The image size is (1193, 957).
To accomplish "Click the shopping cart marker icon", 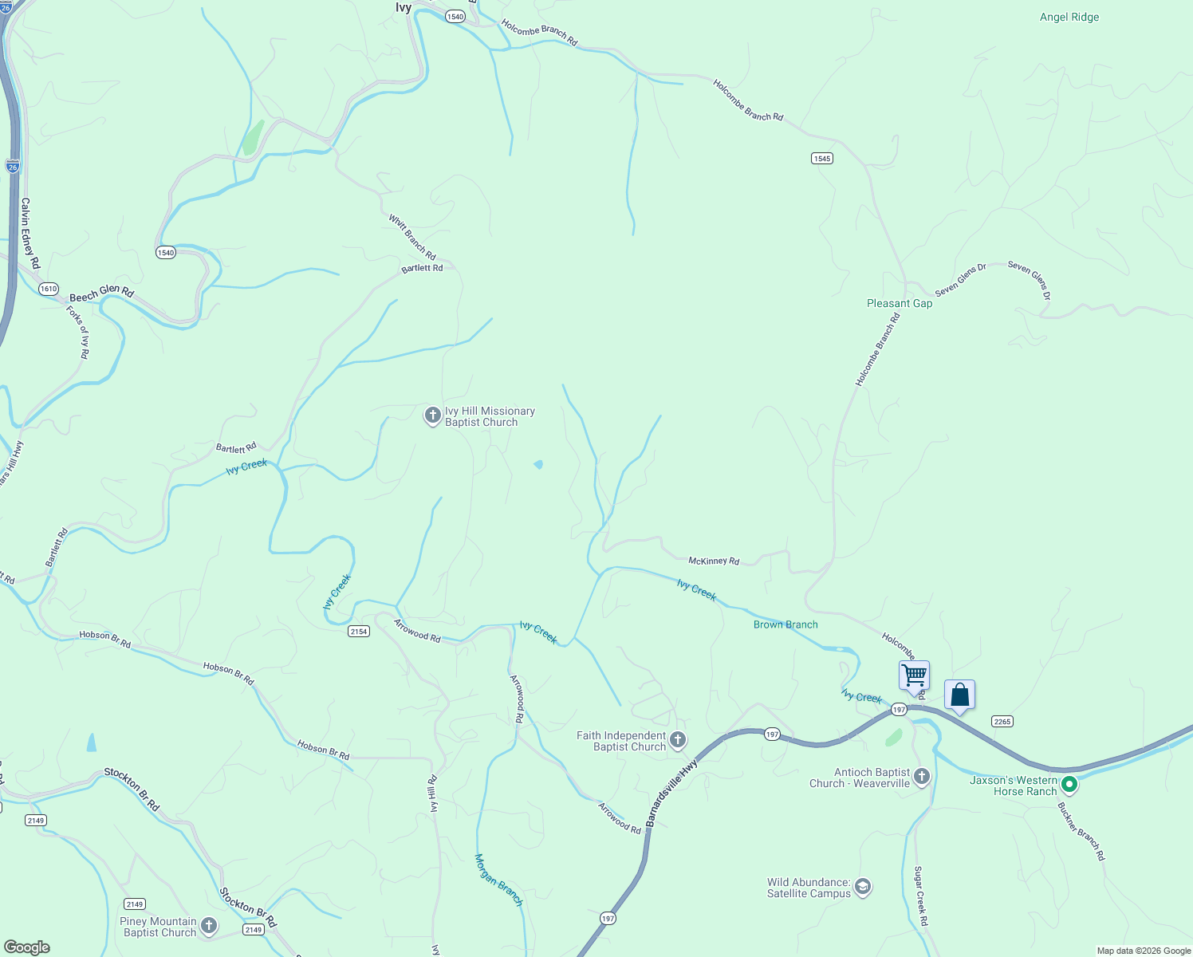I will [914, 675].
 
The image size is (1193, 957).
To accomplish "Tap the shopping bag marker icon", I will [959, 695].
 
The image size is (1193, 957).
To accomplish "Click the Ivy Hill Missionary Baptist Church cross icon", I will [432, 415].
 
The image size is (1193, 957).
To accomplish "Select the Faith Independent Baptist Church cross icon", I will [678, 741].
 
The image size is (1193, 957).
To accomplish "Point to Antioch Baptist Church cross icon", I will [922, 777].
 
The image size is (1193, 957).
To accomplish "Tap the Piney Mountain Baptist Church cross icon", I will [209, 926].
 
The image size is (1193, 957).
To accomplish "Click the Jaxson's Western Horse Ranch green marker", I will [1070, 786].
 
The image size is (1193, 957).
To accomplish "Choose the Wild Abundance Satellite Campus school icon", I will [862, 887].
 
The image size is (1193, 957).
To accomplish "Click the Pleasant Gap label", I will [900, 303].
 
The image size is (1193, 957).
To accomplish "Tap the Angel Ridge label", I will [1069, 17].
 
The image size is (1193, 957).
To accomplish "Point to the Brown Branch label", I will [785, 624].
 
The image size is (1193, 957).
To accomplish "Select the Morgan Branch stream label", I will [498, 880].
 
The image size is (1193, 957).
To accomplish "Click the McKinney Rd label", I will [714, 561].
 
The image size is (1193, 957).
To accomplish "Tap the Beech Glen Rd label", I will [101, 293].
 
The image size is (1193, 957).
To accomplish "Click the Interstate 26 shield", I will [12, 166].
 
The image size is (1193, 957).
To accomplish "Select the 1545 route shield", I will [822, 158].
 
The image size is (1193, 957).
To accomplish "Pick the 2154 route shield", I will [359, 632].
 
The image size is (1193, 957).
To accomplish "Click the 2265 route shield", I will [1002, 721].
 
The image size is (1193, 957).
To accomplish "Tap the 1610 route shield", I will [49, 289].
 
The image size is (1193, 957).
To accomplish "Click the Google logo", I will [26, 947].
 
